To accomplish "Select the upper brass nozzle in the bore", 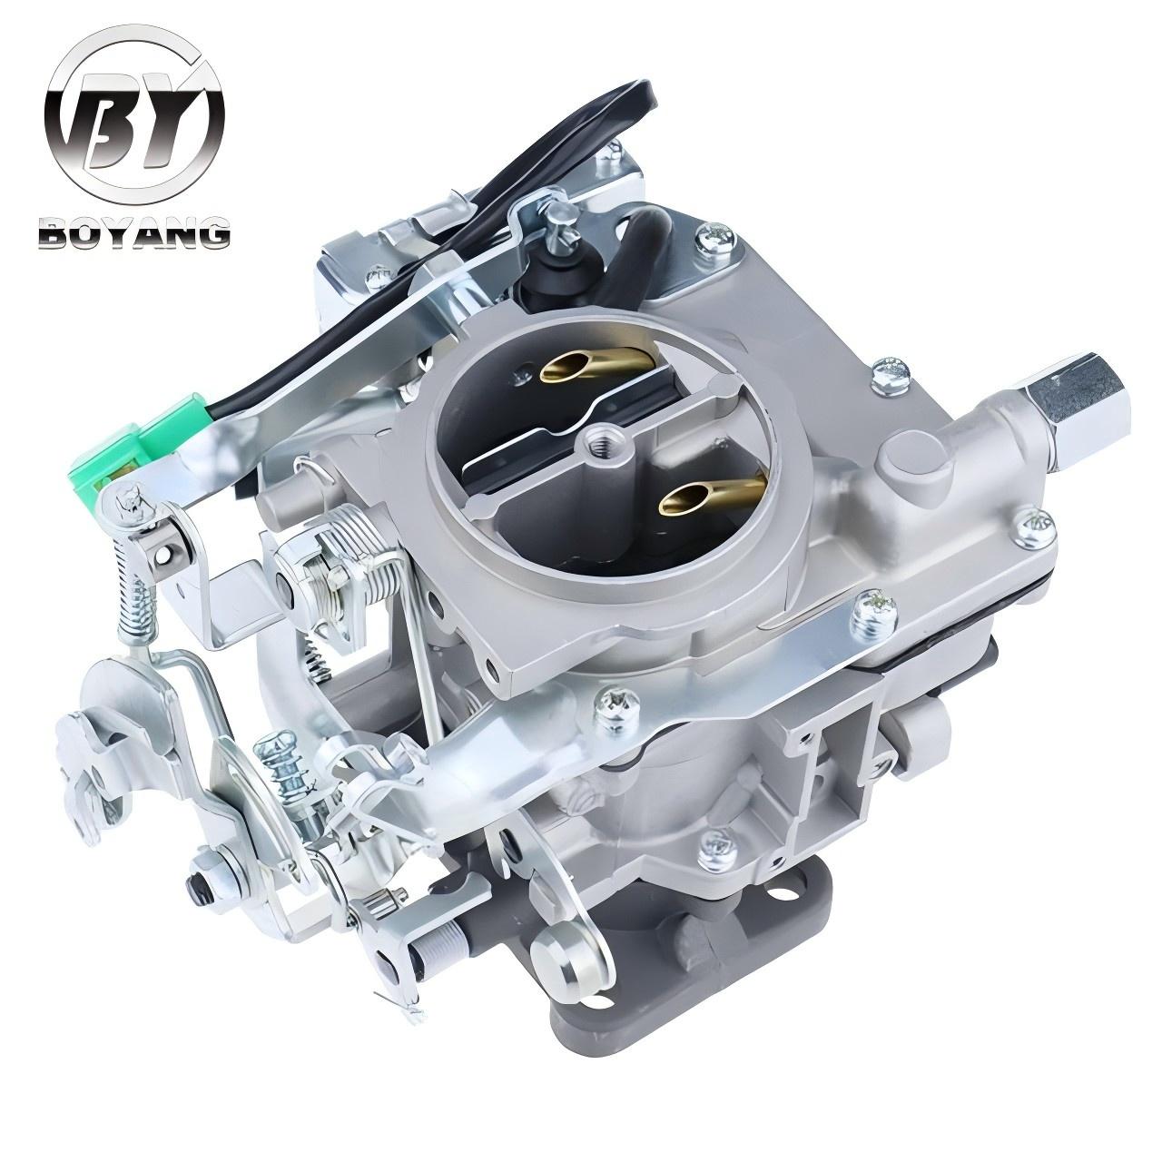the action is (598, 365).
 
